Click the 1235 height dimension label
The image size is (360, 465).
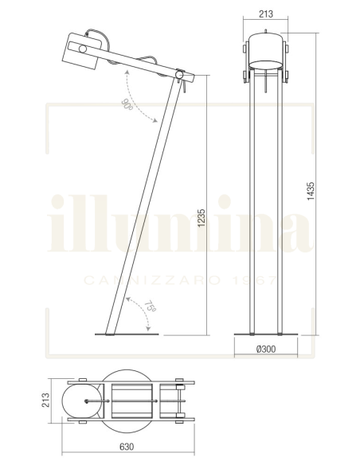[x=202, y=218]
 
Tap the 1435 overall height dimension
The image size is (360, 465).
[x=311, y=191]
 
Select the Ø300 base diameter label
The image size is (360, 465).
[x=266, y=350]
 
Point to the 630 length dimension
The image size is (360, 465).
[x=127, y=447]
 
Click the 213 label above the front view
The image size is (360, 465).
[x=266, y=14]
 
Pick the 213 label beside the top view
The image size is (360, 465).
[x=45, y=401]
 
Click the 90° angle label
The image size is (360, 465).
[x=127, y=104]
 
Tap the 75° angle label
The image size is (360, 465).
[x=150, y=307]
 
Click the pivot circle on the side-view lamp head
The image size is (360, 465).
[x=82, y=49]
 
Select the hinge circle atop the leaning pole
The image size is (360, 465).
[x=179, y=74]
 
